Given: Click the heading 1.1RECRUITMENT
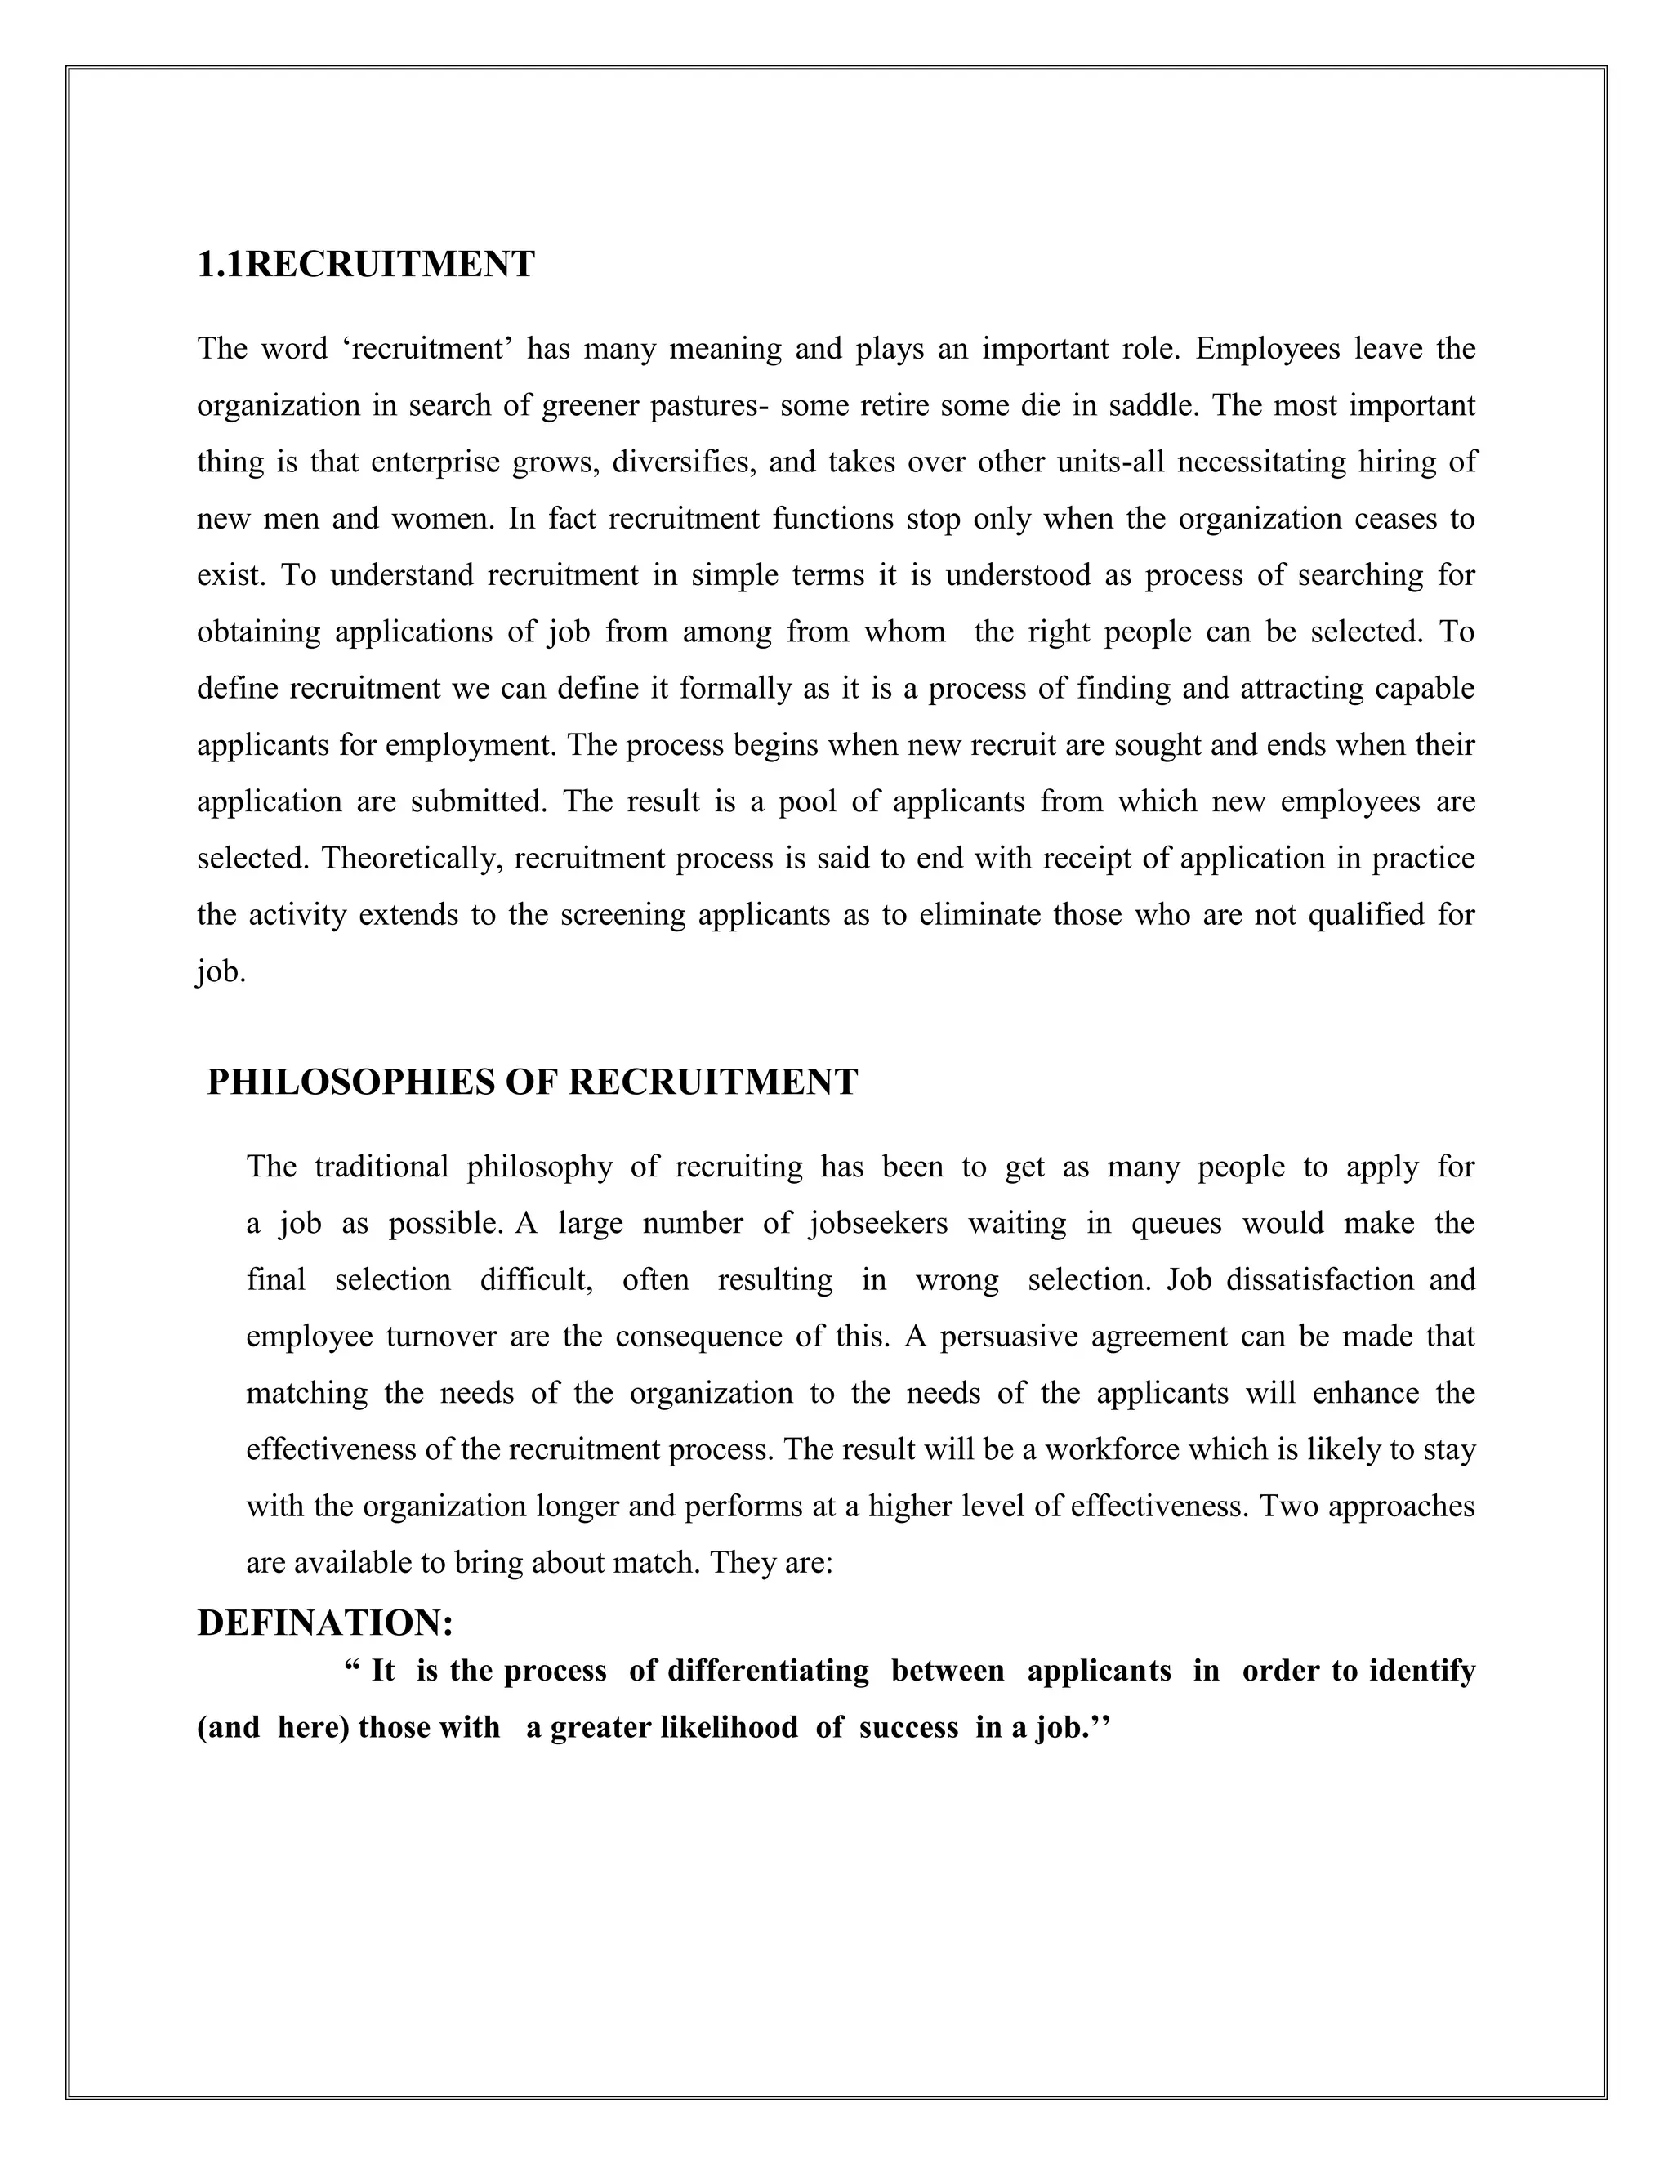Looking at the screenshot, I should click(366, 265).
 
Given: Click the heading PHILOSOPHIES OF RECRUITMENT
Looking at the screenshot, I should click(533, 1082).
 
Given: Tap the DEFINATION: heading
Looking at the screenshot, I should click(325, 1623).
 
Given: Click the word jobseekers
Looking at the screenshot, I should click(878, 1222).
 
